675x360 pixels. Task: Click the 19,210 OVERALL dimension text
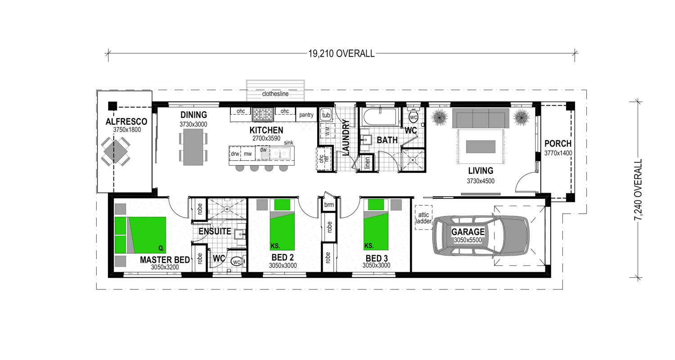(x=341, y=54)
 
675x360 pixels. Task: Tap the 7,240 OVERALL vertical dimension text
(x=638, y=189)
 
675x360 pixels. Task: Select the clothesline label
(x=275, y=94)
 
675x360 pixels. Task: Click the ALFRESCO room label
(x=126, y=121)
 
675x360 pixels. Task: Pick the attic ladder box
(x=423, y=218)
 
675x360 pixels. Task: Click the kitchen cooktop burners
(x=263, y=114)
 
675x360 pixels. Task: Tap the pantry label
(x=306, y=115)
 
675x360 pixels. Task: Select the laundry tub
(x=326, y=114)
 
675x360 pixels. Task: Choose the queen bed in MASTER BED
(x=140, y=235)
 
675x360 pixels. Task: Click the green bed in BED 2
(x=282, y=225)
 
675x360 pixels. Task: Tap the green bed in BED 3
(x=376, y=225)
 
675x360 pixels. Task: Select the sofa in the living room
(x=481, y=118)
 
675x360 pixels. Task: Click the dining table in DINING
(x=193, y=147)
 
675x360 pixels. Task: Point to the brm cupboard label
(x=329, y=205)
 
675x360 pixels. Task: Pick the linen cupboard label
(x=367, y=163)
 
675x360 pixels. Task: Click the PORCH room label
(x=558, y=144)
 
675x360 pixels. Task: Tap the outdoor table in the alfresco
(x=115, y=152)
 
